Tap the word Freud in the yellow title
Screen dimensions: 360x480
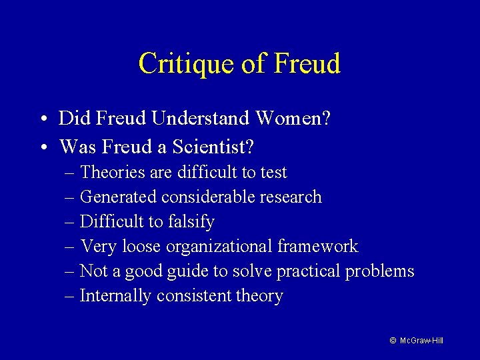pyautogui.click(x=307, y=64)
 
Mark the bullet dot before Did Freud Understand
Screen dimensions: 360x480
pyautogui.click(x=42, y=120)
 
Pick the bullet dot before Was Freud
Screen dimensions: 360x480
pyautogui.click(x=42, y=145)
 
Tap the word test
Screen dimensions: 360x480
pyautogui.click(x=273, y=172)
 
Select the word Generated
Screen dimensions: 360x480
pyautogui.click(x=118, y=197)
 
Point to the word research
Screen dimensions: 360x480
pyautogui.click(x=291, y=197)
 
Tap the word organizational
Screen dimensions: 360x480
pyautogui.click(x=219, y=247)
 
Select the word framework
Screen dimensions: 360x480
pyautogui.click(x=318, y=246)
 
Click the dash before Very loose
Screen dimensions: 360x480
pyautogui.click(x=71, y=247)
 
